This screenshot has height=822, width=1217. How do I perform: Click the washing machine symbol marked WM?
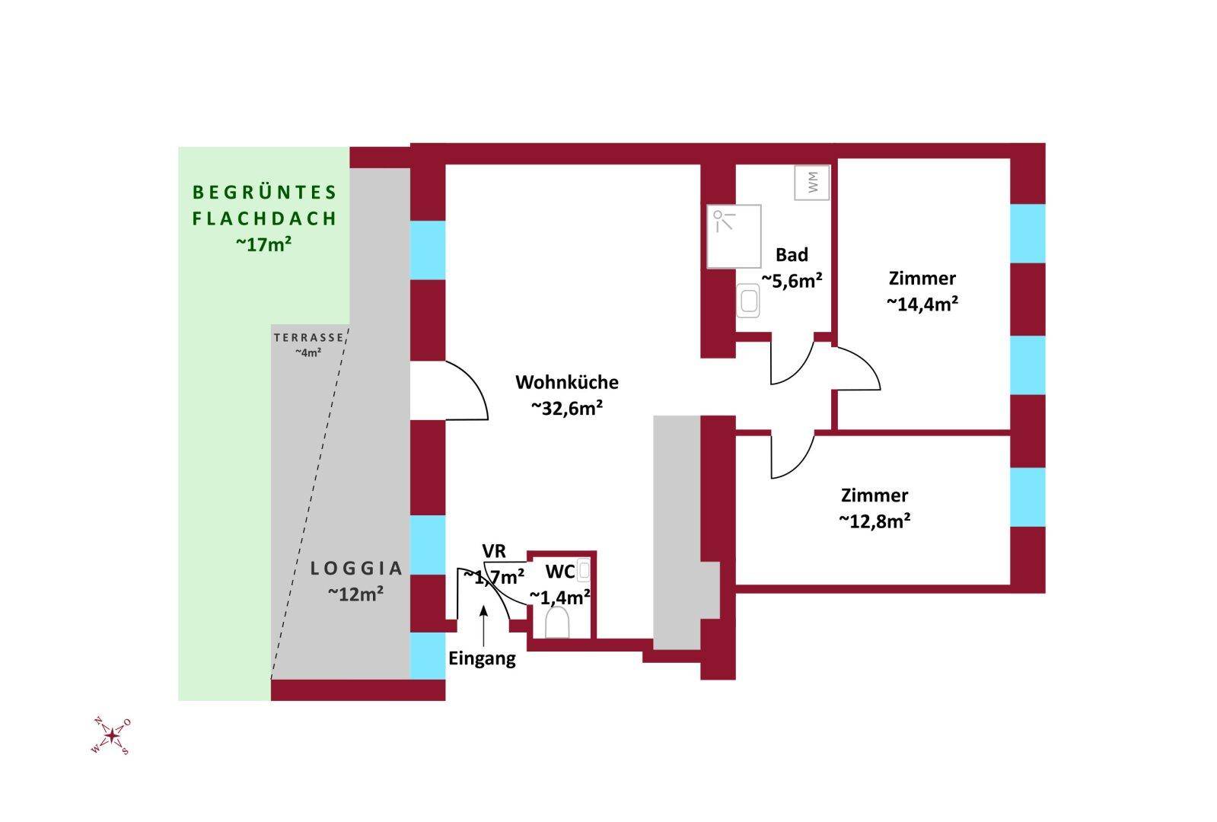tap(812, 183)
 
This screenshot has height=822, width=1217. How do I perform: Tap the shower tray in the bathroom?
tap(734, 237)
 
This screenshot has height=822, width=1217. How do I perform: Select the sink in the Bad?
tap(748, 301)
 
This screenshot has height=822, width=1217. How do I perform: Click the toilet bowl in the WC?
tap(558, 623)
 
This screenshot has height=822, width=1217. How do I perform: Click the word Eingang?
tap(482, 658)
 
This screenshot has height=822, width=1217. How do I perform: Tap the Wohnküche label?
tap(567, 382)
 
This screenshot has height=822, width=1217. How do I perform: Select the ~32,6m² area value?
tap(567, 409)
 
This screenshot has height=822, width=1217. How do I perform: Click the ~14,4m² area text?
tap(922, 304)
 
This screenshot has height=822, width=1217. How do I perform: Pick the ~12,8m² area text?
tap(875, 521)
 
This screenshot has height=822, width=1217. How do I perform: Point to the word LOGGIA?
tap(357, 568)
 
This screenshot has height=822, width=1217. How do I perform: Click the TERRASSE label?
tap(309, 338)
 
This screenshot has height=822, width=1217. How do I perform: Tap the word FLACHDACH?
tap(264, 218)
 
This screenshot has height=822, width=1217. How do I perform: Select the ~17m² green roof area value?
tap(264, 244)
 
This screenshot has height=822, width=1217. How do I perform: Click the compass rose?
tap(112, 735)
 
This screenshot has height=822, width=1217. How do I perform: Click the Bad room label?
tap(792, 255)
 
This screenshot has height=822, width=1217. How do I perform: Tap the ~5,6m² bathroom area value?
tap(792, 281)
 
